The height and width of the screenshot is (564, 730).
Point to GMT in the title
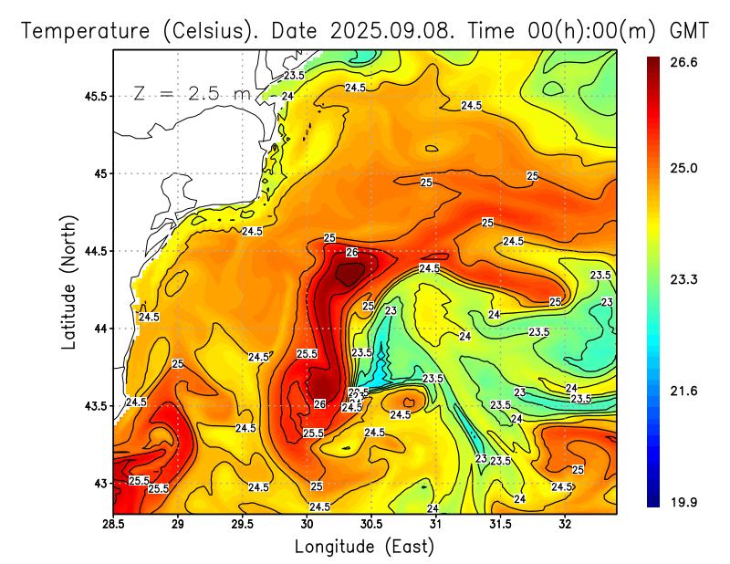(x=689, y=30)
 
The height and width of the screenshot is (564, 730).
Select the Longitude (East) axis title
(x=364, y=547)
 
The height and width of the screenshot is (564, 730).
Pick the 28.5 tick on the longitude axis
(x=114, y=523)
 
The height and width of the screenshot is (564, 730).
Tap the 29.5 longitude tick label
(x=243, y=523)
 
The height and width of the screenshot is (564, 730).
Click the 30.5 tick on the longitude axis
(x=371, y=523)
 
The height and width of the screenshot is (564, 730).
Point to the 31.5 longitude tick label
(x=500, y=523)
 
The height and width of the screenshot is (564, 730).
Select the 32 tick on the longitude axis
(x=565, y=523)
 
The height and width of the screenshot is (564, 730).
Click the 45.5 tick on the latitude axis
(x=95, y=96)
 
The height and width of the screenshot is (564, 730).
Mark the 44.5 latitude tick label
(x=95, y=251)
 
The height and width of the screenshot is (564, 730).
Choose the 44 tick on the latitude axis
(x=100, y=329)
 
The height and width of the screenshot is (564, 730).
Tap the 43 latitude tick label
(x=100, y=483)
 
